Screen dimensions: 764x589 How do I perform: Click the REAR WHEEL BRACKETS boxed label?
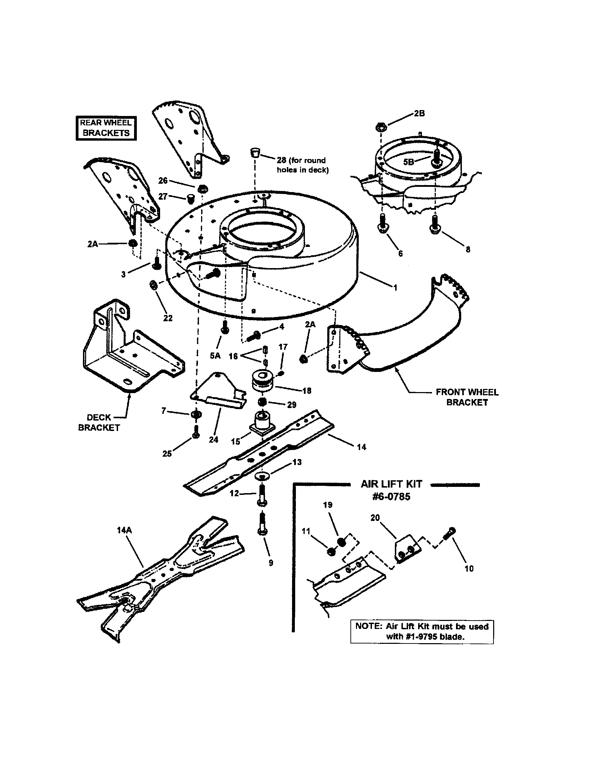[x=106, y=128]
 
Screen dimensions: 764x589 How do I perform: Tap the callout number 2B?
[x=419, y=113]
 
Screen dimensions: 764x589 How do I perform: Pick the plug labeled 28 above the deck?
[x=255, y=153]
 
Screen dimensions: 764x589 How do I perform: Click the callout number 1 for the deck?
[x=396, y=288]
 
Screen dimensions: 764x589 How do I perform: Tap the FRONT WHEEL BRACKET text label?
[x=467, y=397]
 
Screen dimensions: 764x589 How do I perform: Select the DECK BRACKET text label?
[x=99, y=422]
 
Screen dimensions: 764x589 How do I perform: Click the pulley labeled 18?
[x=263, y=380]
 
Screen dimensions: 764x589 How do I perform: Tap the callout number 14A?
[x=124, y=530]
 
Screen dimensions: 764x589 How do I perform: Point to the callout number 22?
[x=168, y=318]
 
